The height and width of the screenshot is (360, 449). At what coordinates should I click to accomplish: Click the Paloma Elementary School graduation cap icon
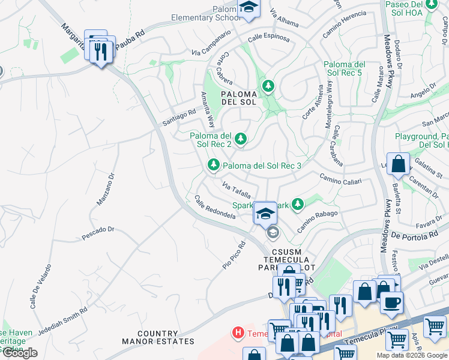[247, 8]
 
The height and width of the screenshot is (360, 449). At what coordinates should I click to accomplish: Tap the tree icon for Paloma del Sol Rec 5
[268, 86]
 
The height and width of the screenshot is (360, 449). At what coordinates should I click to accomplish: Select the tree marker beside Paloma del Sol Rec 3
[213, 164]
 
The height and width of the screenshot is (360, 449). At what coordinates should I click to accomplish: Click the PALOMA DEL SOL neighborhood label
[239, 98]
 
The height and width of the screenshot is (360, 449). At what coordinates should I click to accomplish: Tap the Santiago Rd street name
[179, 117]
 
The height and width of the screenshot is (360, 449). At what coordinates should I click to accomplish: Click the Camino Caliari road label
[340, 178]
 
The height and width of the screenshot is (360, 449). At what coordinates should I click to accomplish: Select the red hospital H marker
[238, 332]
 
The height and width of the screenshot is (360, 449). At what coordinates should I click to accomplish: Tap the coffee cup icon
[392, 302]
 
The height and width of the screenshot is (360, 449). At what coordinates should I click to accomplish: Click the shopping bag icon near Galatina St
[398, 164]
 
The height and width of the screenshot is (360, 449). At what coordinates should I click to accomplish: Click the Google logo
[19, 353]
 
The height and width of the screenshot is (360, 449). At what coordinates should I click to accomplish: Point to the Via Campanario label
[211, 49]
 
